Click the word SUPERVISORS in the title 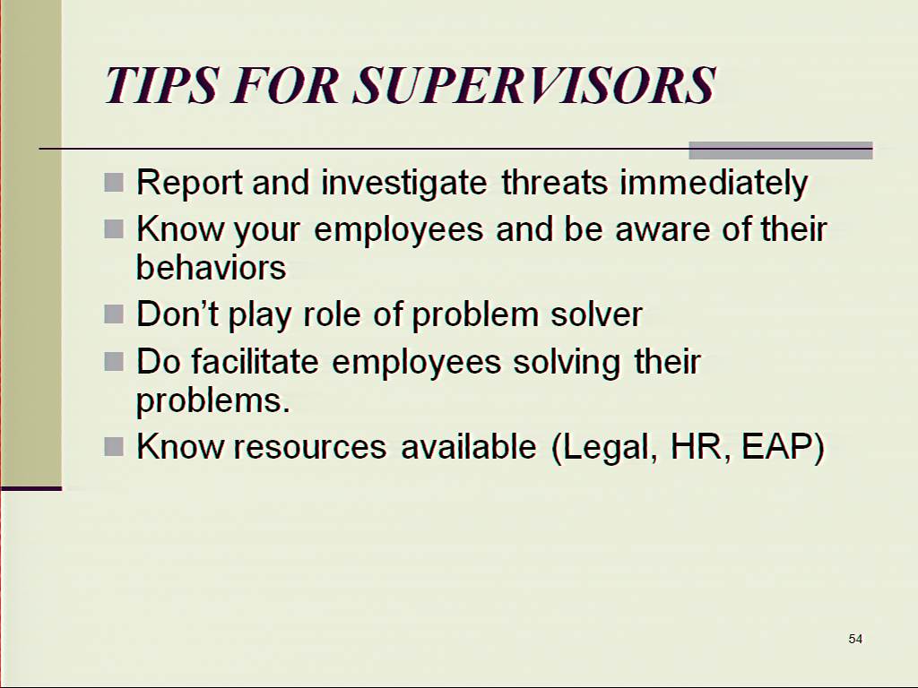coord(534,85)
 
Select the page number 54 coord(855,639)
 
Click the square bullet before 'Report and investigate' coord(114,183)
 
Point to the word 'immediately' coord(714,184)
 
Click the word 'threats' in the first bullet coord(554,182)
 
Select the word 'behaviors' coord(212,267)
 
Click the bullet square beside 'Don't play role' coord(114,314)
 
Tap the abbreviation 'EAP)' coord(783,447)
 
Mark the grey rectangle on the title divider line coord(781,150)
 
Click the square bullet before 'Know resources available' coord(114,447)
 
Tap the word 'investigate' coord(404,184)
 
